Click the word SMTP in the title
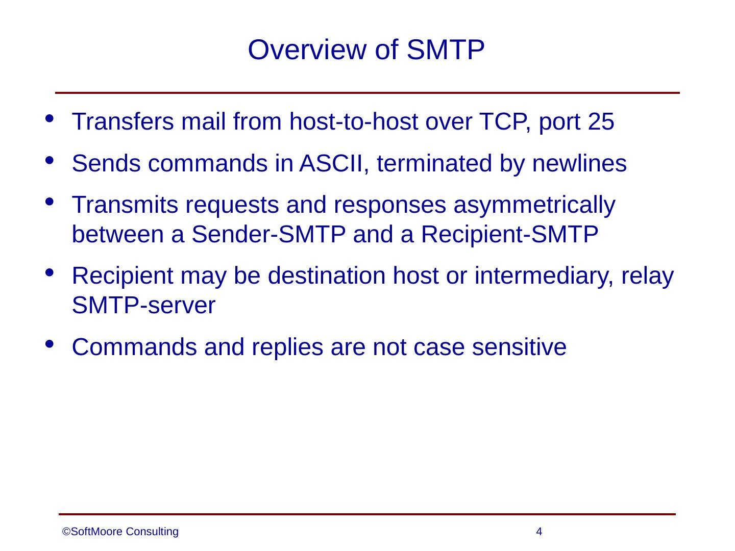click(446, 50)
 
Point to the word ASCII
click(328, 164)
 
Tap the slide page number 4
click(538, 532)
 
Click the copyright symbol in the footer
click(66, 532)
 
